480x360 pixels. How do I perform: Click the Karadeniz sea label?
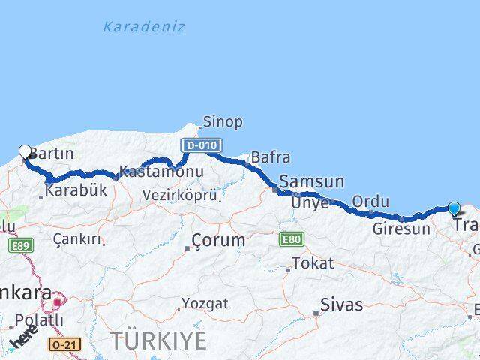click(x=143, y=27)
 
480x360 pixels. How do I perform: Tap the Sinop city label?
click(x=222, y=121)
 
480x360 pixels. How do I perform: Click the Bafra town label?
click(x=270, y=157)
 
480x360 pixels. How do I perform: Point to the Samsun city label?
click(x=311, y=181)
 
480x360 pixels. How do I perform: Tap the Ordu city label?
click(x=370, y=201)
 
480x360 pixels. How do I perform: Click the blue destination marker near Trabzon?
click(x=454, y=208)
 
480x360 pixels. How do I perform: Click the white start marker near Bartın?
click(x=25, y=151)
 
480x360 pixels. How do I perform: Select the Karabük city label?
click(x=76, y=190)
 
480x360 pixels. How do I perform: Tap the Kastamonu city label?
click(x=161, y=172)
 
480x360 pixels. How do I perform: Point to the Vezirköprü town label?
click(x=180, y=195)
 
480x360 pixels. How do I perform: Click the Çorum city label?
click(x=218, y=240)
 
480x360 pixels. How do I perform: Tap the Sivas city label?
click(x=341, y=304)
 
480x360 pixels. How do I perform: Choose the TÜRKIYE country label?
click(x=158, y=340)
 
